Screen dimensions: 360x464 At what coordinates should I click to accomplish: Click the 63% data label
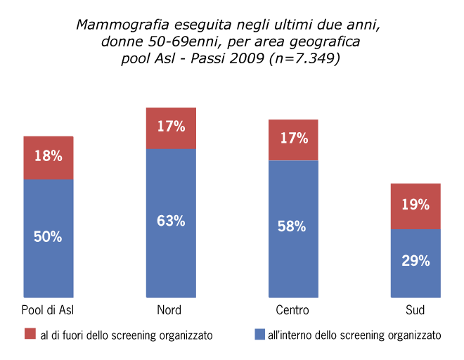point(171,221)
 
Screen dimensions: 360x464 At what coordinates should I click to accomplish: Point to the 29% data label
point(415,261)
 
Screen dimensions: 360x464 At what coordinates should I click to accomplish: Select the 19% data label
point(415,205)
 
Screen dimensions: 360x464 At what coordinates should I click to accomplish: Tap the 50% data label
point(49,236)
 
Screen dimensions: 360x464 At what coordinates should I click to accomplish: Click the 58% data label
point(293,226)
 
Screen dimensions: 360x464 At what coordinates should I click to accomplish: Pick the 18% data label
point(49,156)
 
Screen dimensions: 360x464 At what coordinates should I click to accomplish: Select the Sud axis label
point(415,310)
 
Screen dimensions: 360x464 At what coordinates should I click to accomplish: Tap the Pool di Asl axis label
point(49,310)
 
